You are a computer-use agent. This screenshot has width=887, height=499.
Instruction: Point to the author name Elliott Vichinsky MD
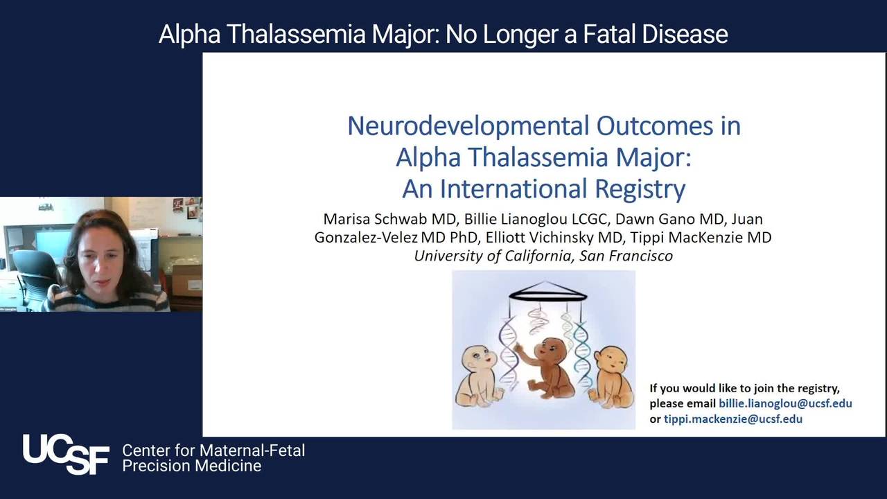(x=554, y=237)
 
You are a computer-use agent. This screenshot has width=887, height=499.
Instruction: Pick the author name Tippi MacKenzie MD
(x=701, y=237)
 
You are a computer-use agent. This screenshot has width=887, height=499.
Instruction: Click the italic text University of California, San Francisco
(x=543, y=256)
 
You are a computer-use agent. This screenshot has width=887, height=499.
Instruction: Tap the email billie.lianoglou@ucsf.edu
(x=785, y=403)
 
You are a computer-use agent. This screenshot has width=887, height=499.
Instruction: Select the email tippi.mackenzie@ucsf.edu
(x=733, y=419)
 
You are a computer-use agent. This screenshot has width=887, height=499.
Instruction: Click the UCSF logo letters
(x=66, y=454)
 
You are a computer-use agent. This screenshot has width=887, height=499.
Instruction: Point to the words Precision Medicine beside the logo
(x=192, y=466)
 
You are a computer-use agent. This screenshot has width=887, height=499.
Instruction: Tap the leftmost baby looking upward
(x=478, y=376)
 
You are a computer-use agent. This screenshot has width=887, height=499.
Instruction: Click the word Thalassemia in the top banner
(x=296, y=34)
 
